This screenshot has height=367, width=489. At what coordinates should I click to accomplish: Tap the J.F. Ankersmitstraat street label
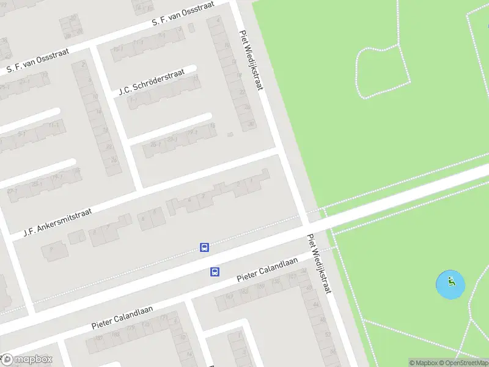point(57,222)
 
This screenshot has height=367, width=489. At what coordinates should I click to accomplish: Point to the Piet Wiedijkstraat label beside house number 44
point(319,264)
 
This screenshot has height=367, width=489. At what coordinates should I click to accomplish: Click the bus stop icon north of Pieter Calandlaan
point(204,248)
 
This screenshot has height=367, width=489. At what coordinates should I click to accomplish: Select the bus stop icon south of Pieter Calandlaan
point(215,272)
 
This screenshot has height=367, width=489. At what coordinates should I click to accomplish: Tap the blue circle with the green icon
point(450,284)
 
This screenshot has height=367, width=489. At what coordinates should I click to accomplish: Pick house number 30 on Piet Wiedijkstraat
point(250,123)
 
